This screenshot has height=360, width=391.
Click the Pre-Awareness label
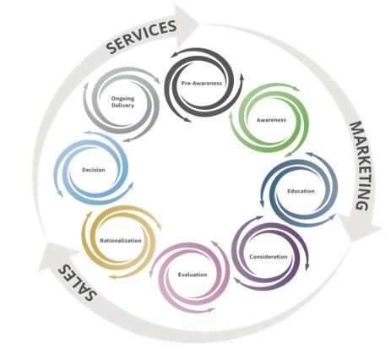pyautogui.click(x=202, y=84)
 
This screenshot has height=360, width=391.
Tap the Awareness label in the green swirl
pyautogui.click(x=271, y=120)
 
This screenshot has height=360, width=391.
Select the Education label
pyautogui.click(x=301, y=191)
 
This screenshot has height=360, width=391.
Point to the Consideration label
pyautogui.click(x=269, y=257)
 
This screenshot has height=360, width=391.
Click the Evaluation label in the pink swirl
pyautogui.click(x=193, y=275)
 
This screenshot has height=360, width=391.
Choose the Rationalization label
pyautogui.click(x=121, y=241)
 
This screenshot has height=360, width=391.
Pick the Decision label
pyautogui.click(x=94, y=170)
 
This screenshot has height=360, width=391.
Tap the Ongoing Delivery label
pyautogui.click(x=122, y=102)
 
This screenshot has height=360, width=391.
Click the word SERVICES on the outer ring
pyautogui.click(x=142, y=36)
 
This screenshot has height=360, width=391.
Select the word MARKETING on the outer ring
pyautogui.click(x=361, y=166)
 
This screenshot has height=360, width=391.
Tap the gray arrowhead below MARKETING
pyautogui.click(x=361, y=227)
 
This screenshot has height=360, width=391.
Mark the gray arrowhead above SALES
pyautogui.click(x=56, y=256)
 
